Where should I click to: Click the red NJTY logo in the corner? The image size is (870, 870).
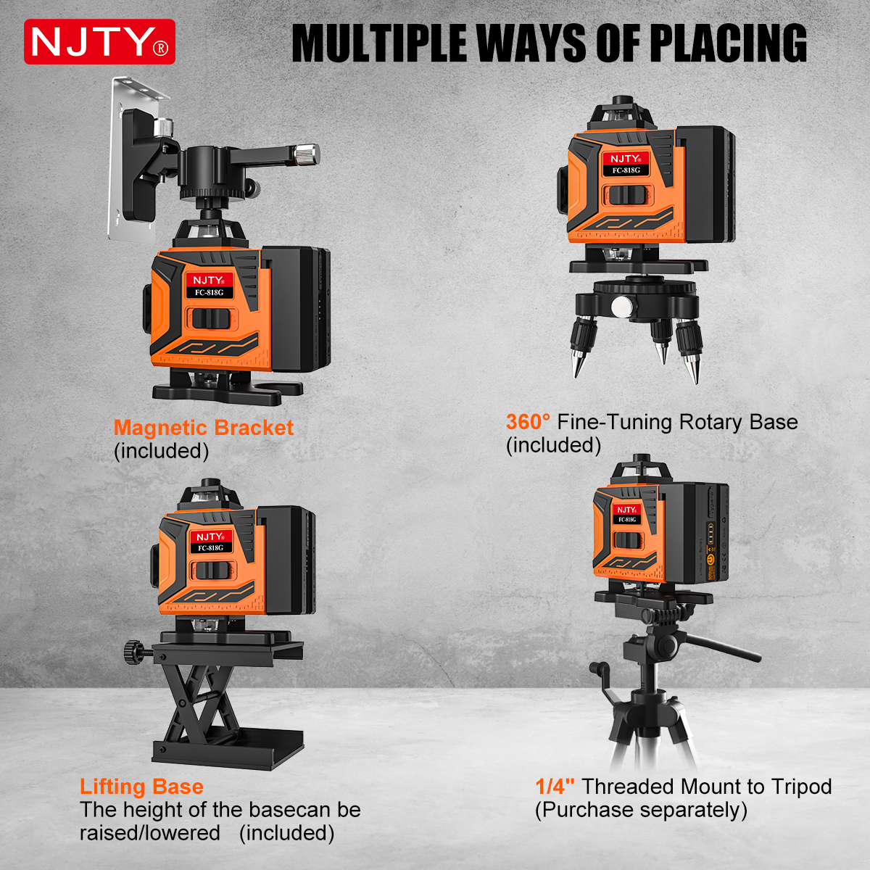click(99, 41)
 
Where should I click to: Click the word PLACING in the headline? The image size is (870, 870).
click(728, 43)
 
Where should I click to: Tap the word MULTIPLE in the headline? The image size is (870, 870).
click(378, 43)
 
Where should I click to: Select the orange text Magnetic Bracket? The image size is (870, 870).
click(204, 428)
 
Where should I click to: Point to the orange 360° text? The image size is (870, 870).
click(528, 422)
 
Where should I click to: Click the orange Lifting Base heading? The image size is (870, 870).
click(141, 787)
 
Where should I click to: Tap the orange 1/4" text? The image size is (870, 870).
click(555, 787)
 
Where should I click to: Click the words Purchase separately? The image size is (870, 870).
click(641, 810)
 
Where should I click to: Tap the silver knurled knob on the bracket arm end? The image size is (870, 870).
click(307, 155)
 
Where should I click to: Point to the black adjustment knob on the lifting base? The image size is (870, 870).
click(133, 652)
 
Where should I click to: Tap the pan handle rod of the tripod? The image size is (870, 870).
click(722, 647)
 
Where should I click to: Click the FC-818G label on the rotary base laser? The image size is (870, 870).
click(626, 170)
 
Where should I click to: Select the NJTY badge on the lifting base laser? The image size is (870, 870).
click(210, 536)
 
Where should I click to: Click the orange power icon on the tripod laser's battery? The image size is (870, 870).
click(710, 558)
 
